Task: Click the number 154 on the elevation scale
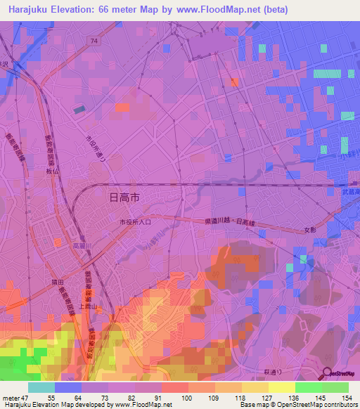346,399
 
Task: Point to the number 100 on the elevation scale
186,399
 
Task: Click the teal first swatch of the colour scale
41,387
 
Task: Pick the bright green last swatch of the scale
335,387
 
